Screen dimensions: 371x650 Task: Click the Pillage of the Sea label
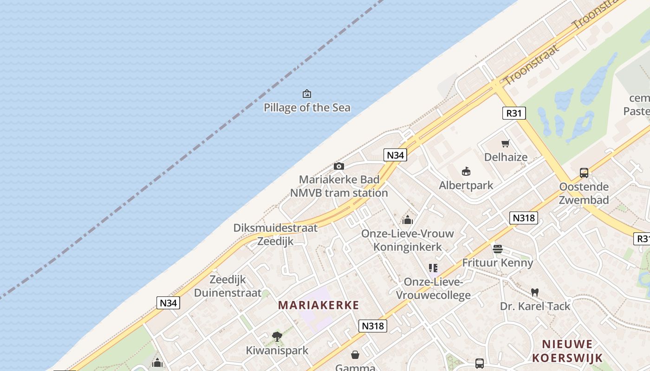point(307,108)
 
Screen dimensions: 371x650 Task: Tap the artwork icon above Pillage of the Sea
point(306,94)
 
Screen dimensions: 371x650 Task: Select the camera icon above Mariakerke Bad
point(339,166)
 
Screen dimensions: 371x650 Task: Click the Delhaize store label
point(506,157)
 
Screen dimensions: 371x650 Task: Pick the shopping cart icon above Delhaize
point(506,144)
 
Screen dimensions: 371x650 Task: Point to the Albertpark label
point(466,185)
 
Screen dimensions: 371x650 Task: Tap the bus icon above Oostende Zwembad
point(584,173)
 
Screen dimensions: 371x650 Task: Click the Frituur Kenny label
point(497,263)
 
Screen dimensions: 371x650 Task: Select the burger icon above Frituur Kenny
point(498,249)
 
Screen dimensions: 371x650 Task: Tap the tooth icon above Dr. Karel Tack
point(534,292)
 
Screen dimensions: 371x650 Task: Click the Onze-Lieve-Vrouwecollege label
point(433,288)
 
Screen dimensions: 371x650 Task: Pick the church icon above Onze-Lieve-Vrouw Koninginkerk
point(408,219)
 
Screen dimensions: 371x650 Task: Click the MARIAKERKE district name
point(318,305)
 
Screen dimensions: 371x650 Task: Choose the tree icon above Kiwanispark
point(277,336)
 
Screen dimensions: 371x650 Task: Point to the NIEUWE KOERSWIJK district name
point(567,351)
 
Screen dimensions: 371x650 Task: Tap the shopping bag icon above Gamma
point(355,355)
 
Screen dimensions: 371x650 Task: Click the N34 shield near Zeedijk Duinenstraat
point(168,303)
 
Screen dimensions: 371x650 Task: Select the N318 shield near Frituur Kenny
point(524,217)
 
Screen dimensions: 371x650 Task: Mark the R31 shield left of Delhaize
point(514,113)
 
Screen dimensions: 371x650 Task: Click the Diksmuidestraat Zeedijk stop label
point(275,234)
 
